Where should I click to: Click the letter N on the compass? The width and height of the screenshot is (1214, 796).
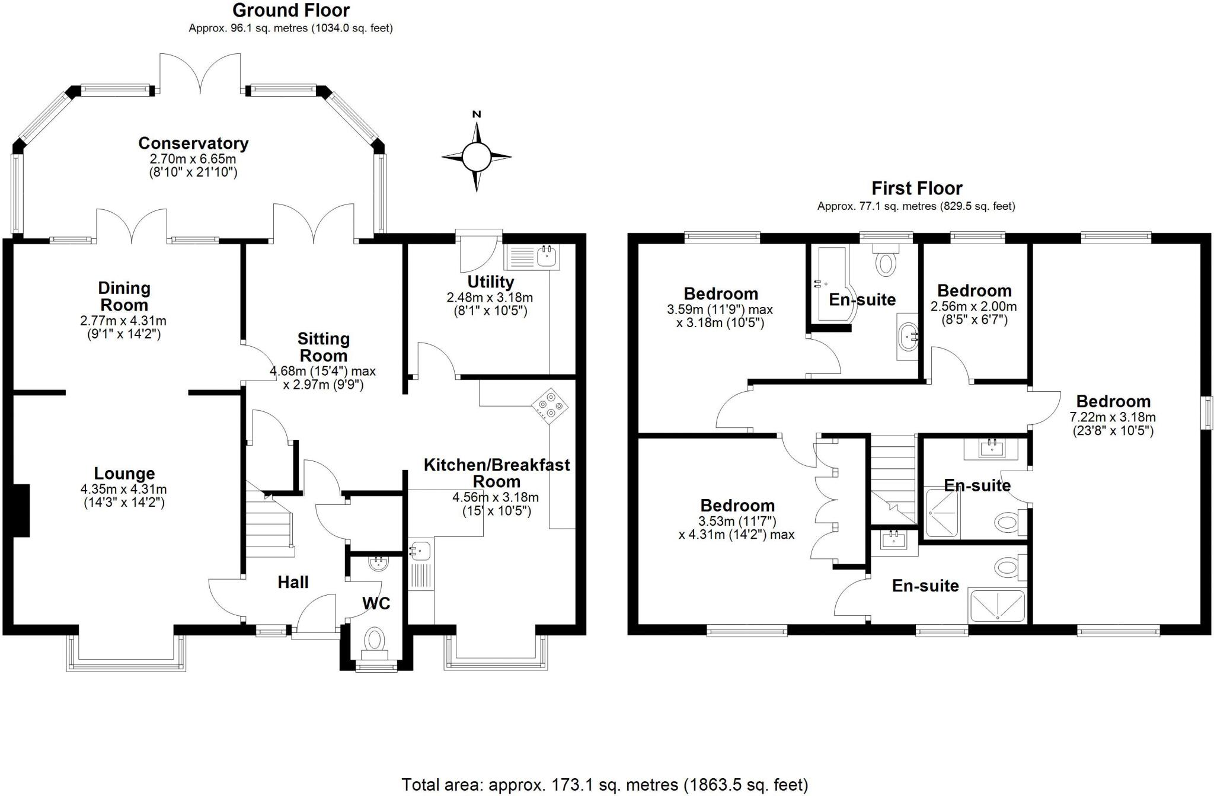477,114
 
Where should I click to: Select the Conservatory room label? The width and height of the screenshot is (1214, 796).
193,143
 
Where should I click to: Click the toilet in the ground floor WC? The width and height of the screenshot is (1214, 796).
375,640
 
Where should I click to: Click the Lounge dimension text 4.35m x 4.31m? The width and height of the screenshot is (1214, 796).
123,490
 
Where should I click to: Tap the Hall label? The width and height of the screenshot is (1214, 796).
293,582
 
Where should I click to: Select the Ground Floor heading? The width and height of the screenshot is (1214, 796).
290,10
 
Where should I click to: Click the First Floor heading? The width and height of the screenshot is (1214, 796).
916,188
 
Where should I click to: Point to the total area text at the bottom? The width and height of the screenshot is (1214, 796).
605,785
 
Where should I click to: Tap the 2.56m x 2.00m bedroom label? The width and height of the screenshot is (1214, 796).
974,291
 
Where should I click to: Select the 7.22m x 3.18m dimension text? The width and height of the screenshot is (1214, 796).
1113,417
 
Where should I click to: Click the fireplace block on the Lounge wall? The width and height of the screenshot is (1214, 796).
20,510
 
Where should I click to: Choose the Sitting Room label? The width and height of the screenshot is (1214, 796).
323,347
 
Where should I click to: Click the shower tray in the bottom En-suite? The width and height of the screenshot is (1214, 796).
996,605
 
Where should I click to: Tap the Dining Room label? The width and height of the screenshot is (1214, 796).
124,296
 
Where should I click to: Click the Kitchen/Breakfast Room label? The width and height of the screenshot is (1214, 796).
497,472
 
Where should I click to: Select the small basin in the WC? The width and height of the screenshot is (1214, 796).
377,564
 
